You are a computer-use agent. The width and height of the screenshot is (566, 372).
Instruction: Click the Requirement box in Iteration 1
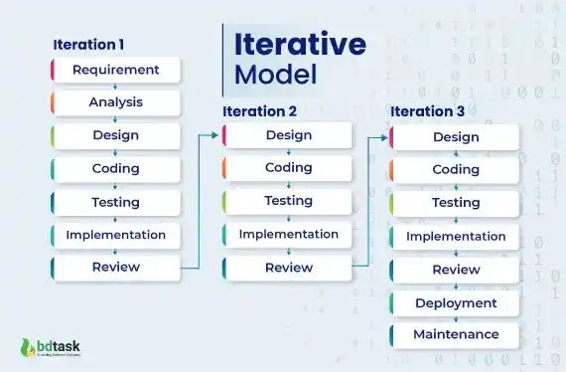tap(115, 70)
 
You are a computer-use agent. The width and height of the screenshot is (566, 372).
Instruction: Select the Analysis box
tap(115, 102)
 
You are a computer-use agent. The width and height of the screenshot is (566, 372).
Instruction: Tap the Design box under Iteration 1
tap(115, 135)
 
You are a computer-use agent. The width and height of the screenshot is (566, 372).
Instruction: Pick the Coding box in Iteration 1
tap(115, 169)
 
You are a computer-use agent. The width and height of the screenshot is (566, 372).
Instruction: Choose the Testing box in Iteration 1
tap(115, 202)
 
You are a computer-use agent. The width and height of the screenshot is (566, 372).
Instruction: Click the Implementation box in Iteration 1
tap(115, 235)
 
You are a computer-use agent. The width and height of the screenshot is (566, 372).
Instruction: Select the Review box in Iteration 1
tap(115, 267)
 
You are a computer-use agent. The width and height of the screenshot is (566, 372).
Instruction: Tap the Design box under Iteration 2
tap(288, 135)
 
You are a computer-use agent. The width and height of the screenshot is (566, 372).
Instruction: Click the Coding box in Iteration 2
tap(288, 168)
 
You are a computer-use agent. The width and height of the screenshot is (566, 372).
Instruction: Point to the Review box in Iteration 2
tap(288, 268)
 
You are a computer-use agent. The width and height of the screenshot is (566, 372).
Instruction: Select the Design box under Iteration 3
tap(455, 136)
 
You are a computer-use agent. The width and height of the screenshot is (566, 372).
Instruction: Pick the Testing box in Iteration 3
tap(455, 203)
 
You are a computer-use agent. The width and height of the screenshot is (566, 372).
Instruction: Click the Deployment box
tap(455, 302)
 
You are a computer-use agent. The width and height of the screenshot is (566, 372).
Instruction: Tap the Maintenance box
tap(455, 334)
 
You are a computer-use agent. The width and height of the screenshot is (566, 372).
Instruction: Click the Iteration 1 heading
tap(88, 45)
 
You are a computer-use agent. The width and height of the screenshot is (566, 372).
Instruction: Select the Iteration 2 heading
tap(259, 111)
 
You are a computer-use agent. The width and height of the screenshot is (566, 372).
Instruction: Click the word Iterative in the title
tap(299, 45)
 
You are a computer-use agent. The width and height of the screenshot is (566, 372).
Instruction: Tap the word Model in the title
tap(275, 75)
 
